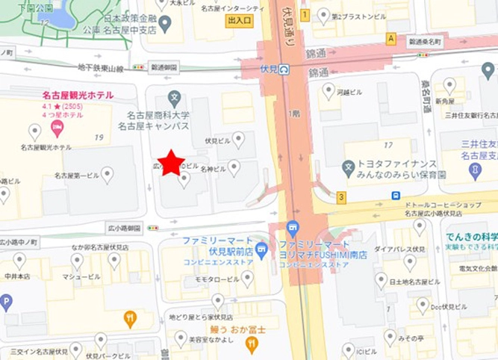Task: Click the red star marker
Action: (171, 162)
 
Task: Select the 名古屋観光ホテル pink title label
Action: (77, 95)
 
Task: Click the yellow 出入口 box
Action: (240, 21)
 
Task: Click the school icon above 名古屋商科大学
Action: (175, 97)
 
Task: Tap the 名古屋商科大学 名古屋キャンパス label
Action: (158, 121)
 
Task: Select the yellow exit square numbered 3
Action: (342, 197)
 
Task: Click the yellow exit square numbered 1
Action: (305, 15)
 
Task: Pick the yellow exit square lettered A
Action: (390, 38)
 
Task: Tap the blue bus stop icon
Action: (395, 196)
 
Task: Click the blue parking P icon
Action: (6, 302)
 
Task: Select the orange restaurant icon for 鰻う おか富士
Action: (252, 344)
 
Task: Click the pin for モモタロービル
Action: (247, 278)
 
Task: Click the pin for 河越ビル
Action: (329, 91)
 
